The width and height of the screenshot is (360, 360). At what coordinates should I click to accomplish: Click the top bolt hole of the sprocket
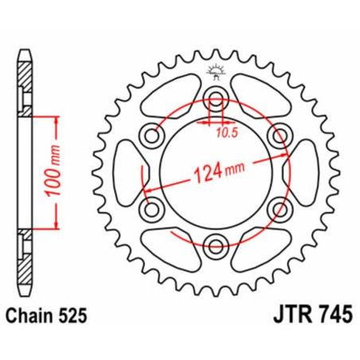[214, 100]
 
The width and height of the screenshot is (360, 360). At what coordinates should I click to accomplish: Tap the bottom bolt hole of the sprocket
[214, 244]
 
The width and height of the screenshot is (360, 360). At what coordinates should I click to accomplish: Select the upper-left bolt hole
[151, 135]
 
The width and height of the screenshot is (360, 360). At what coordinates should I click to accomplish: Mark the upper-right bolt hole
[278, 135]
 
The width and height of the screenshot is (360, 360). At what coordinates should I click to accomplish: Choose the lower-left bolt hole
[151, 209]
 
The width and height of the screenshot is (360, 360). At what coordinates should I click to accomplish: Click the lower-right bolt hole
[278, 209]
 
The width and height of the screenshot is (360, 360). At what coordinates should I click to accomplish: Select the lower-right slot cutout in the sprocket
[259, 248]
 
